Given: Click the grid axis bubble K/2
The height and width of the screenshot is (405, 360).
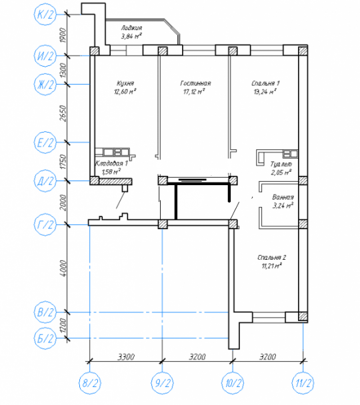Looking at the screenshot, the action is pos(45,14).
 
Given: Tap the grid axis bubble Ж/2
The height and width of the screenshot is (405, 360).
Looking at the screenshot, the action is pos(45,85).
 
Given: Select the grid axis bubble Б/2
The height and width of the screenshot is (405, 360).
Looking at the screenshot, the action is pos(45,338).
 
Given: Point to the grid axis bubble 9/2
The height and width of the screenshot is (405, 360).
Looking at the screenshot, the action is pos(162,383).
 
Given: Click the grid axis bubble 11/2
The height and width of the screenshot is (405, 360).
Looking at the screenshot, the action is pos(303,383).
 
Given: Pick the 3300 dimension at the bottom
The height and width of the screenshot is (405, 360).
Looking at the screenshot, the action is pos(126,357).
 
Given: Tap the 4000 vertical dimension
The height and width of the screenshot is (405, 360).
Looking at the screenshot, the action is pos(63,268).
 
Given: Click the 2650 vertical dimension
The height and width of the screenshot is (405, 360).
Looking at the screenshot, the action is pos(63,113).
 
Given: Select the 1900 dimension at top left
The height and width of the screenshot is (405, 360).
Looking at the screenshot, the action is pos(63,35).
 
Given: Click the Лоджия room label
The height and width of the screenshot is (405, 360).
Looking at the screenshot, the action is pos(131,28).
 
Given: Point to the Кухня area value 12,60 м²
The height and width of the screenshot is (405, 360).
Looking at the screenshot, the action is pos(125,91).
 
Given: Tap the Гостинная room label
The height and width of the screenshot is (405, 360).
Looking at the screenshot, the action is pos(195,83).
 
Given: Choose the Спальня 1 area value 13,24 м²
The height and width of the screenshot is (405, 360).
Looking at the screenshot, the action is pos(265,91).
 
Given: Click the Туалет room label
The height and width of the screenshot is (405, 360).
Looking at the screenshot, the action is pos(281,165).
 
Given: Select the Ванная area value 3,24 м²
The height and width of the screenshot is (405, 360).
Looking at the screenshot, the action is pos(283,206).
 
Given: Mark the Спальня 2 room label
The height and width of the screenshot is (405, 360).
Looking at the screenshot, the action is pos(271,258).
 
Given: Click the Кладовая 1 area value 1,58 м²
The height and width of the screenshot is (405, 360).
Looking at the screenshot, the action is pos(111,171).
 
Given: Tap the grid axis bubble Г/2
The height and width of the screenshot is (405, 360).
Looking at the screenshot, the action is pos(45,224).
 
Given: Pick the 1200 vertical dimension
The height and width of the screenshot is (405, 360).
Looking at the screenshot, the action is pos(63,326).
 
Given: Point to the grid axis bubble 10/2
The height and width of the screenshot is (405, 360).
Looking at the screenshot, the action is pos(233,383).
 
